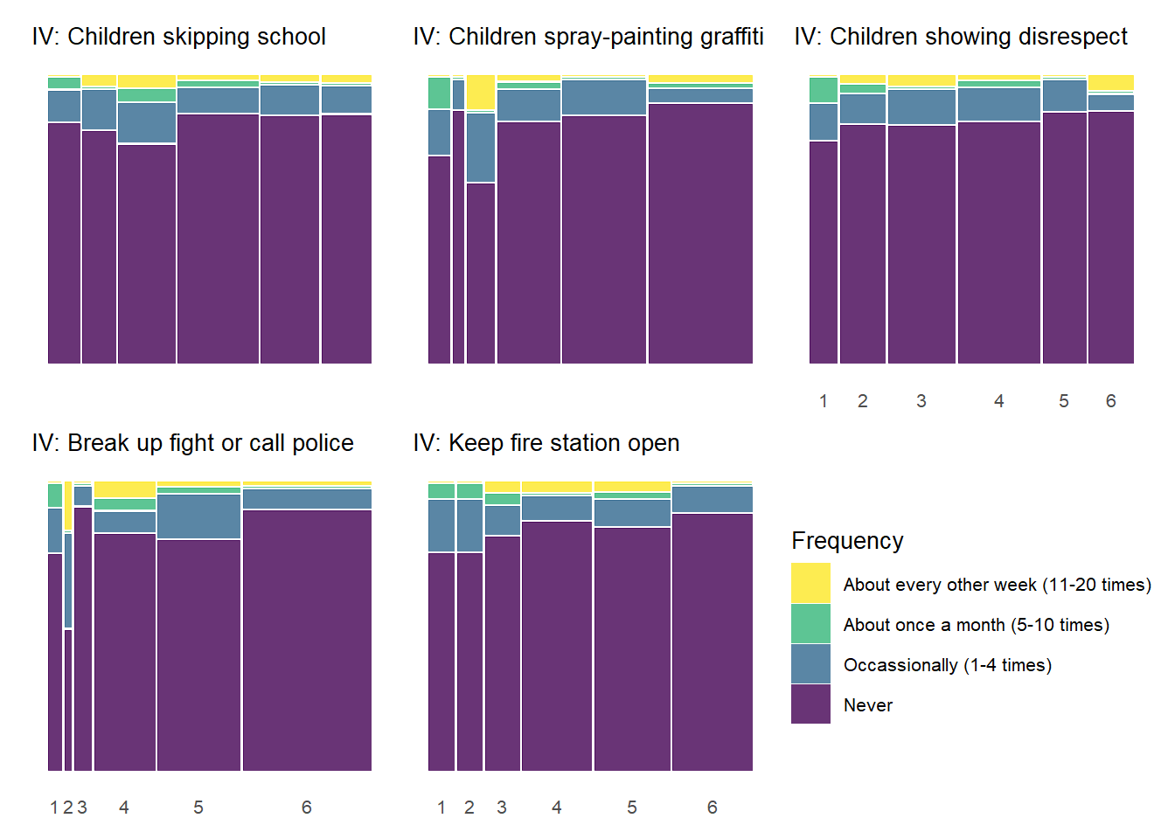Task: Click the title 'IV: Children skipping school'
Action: click(x=178, y=37)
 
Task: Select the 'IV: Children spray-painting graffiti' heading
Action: click(x=588, y=37)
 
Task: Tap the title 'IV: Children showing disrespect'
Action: click(x=961, y=37)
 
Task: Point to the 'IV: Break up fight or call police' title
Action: click(x=192, y=443)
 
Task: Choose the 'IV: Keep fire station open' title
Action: click(x=546, y=443)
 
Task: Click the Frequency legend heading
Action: click(x=847, y=541)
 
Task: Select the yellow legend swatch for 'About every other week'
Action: click(x=810, y=583)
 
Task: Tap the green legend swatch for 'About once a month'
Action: click(x=810, y=624)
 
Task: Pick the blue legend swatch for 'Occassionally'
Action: click(x=810, y=664)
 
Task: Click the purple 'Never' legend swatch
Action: click(x=810, y=704)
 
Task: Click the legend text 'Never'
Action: click(x=868, y=705)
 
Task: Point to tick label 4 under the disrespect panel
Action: click(x=998, y=401)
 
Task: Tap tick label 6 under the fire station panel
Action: click(x=713, y=808)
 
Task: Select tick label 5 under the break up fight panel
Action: click(x=198, y=808)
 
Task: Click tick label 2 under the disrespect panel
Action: click(x=863, y=401)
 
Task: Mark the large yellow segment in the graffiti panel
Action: click(x=481, y=93)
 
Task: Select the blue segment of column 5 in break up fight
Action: click(x=198, y=517)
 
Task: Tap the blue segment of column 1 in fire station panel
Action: click(x=441, y=525)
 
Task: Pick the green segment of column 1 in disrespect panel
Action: click(x=824, y=90)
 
